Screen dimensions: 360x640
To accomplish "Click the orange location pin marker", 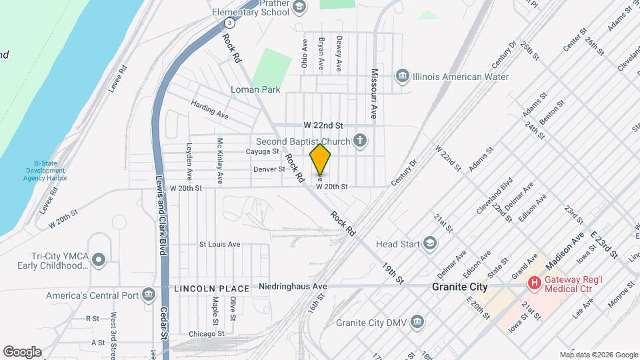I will (321, 160).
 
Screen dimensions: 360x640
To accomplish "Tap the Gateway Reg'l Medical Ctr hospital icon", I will (534, 283).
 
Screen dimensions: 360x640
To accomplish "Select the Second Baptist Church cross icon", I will (360, 140).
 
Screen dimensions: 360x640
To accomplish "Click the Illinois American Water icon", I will (402, 77).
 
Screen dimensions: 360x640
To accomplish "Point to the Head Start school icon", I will (430, 243).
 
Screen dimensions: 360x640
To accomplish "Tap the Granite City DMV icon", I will (417, 323).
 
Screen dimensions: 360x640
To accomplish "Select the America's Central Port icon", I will (148, 295).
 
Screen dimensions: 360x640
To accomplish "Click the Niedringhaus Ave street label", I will (293, 287).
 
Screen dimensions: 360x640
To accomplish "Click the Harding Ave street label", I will (209, 109).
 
